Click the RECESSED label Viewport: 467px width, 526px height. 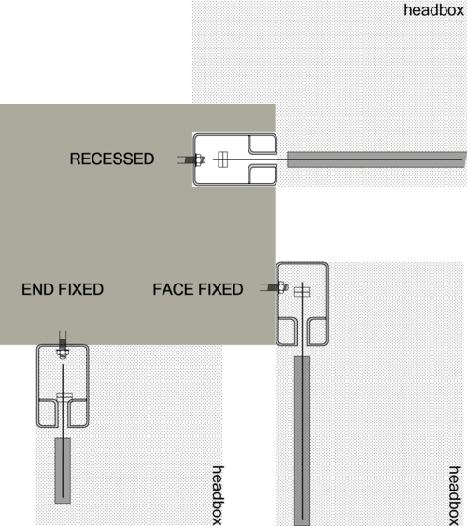[112, 159]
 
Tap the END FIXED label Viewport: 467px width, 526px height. [63, 289]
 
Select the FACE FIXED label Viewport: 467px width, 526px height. [198, 289]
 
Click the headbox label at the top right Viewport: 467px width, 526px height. [433, 10]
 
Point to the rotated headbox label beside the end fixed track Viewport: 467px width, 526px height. [218, 495]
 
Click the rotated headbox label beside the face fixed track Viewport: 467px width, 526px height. [455, 496]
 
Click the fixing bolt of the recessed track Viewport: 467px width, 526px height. [191, 159]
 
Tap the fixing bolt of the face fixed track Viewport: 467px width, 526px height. [275, 287]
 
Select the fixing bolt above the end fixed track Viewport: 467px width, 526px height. [63, 345]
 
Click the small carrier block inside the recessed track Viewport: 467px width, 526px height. [222, 159]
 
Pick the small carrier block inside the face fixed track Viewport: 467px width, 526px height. [302, 292]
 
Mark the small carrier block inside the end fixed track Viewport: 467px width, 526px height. [64, 395]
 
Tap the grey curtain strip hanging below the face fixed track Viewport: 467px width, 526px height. [302, 441]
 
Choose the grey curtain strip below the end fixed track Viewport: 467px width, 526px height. [63, 470]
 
